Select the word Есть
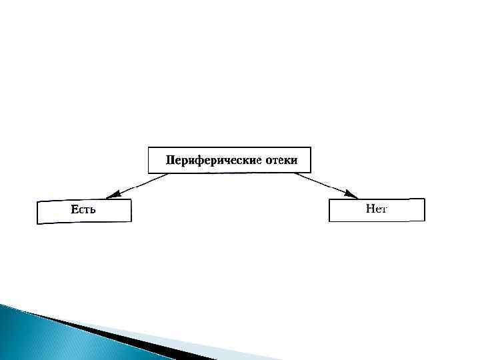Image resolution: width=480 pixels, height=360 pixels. coord(84,210)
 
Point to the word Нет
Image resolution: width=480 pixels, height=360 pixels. coord(377,209)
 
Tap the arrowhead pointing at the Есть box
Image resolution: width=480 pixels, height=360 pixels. coord(113,195)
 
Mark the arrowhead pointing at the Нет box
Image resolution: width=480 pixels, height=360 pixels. coord(351,194)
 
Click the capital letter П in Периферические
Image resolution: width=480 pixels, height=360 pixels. coord(171,161)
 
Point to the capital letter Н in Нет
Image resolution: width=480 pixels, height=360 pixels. coord(370,209)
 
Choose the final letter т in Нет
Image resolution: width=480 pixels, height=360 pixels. coord(384,209)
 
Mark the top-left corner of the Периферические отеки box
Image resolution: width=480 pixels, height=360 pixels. coord(148,147)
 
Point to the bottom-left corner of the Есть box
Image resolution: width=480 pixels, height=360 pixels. coord(37,223)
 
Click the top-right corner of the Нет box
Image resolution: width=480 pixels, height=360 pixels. coord(424,199)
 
